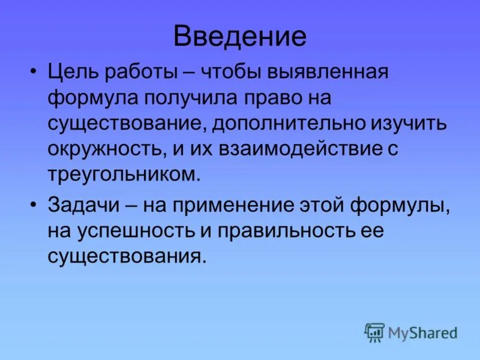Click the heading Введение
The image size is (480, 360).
tap(240, 37)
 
